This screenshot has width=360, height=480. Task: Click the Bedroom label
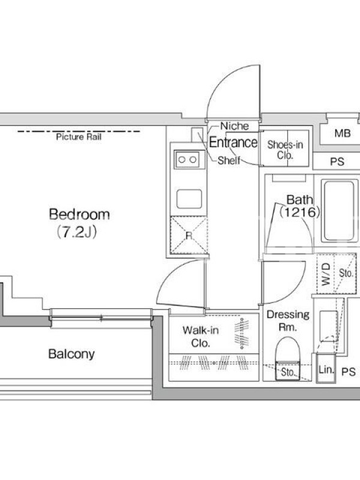(79, 214)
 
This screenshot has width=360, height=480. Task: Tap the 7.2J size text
(77, 232)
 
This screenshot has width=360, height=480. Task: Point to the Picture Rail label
(79, 137)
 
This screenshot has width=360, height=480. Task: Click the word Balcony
(71, 354)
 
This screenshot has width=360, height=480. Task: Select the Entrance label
(233, 142)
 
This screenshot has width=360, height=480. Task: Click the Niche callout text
(235, 126)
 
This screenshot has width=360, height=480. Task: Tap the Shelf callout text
(229, 160)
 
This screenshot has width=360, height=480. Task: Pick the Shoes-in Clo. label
(285, 149)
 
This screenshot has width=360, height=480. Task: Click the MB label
(343, 133)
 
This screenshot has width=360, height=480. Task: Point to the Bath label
(299, 200)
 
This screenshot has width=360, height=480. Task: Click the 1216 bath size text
(299, 212)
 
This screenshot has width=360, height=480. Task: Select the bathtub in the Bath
(339, 211)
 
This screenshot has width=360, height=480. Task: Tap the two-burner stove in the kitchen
(187, 160)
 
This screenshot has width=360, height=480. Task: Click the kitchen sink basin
(189, 199)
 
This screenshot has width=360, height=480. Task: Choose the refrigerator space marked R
(189, 235)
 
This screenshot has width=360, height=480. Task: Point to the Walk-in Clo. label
(200, 337)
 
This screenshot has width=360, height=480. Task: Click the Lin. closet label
(326, 370)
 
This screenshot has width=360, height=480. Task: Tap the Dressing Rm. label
(288, 321)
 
